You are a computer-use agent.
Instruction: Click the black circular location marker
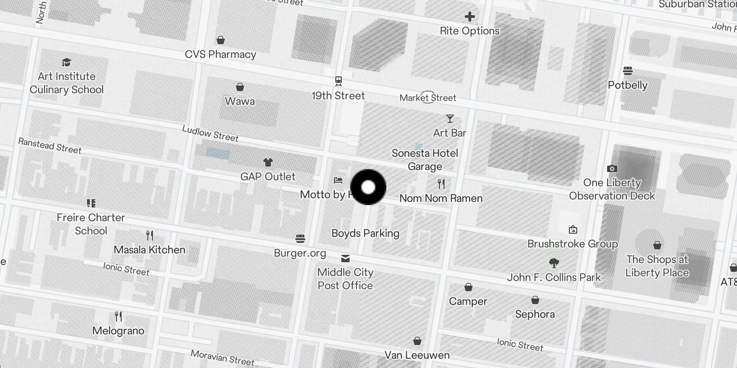(368, 187)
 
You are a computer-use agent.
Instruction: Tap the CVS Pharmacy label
(220, 54)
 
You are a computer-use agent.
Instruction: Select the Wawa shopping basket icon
(240, 87)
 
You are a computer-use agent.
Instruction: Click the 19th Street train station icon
(339, 81)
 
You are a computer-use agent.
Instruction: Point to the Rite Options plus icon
(469, 17)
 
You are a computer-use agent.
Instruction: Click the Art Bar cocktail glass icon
(450, 119)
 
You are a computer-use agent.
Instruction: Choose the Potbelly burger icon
(627, 71)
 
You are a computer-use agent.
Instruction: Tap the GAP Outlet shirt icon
(268, 162)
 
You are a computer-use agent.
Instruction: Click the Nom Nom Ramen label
(441, 198)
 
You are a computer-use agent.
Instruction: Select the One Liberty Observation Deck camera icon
(612, 168)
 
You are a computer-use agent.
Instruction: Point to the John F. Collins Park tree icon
(554, 263)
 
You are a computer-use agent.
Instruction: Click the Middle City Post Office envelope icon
(345, 258)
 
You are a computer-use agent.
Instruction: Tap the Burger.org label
(300, 253)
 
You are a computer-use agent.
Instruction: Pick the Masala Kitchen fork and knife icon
(150, 236)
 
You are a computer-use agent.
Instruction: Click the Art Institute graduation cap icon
(67, 62)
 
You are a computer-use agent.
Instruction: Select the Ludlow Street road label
(210, 133)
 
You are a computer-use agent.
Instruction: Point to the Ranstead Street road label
(50, 146)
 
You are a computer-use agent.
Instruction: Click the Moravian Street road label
(222, 357)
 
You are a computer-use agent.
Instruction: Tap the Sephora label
(535, 314)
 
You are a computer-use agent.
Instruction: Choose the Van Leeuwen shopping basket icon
(417, 341)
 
